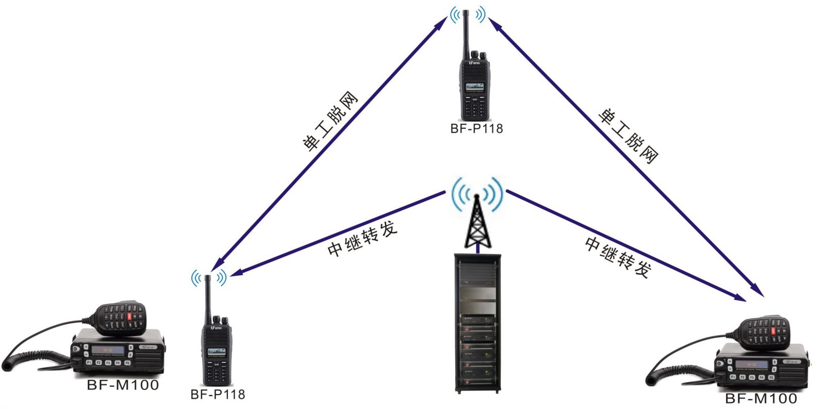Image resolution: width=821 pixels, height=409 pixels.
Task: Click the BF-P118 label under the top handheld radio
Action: tap(476, 129)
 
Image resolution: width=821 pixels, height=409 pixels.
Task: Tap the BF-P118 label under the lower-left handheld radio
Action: tap(218, 394)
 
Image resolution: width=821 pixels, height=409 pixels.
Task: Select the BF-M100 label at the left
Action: tap(123, 384)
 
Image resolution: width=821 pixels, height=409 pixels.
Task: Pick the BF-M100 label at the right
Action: tap(761, 398)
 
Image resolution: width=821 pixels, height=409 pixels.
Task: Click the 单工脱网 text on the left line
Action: tap(329, 122)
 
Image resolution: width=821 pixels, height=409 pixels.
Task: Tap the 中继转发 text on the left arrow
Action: tap(362, 239)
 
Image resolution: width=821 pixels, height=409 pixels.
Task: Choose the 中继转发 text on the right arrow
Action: tap(618, 257)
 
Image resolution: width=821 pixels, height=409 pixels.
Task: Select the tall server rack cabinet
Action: tap(477, 323)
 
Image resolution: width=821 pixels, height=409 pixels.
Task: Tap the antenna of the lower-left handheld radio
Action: tap(208, 298)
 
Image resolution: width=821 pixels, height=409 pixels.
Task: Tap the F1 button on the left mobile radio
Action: tap(88, 363)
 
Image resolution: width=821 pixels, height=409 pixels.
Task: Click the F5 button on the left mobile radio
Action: tap(127, 363)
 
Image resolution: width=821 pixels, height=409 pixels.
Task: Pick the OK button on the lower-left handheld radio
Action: tap(216, 364)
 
